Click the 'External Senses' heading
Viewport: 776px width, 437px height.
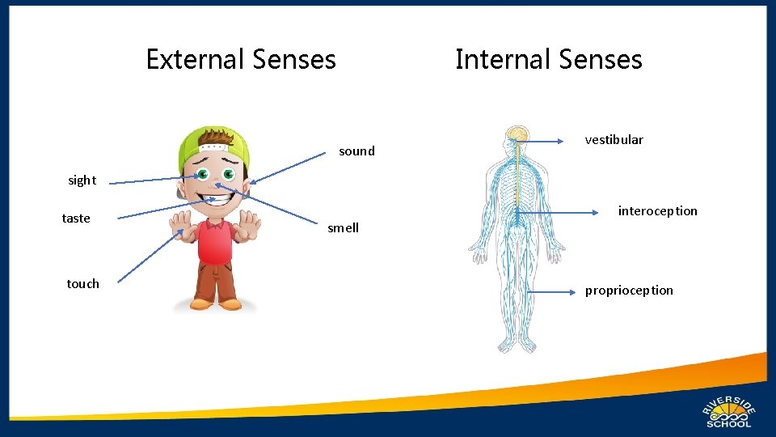(241, 59)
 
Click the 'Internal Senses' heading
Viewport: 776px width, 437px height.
(548, 59)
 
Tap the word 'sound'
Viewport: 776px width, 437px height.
(356, 151)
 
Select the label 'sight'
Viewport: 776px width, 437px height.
(82, 180)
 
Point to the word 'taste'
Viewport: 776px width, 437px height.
(76, 218)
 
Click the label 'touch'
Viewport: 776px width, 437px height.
(82, 284)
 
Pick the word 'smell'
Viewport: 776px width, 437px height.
(343, 228)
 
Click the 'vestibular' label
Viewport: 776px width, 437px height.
(614, 140)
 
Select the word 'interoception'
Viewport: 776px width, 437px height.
(657, 211)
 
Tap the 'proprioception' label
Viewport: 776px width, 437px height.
(629, 291)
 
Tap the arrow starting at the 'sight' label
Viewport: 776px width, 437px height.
(154, 180)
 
